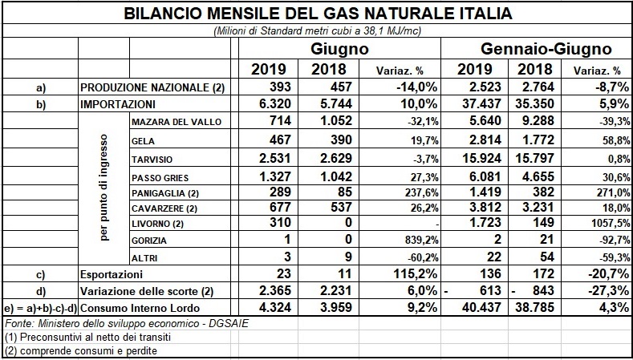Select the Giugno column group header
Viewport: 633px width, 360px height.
click(x=339, y=49)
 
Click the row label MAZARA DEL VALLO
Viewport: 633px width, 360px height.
click(x=177, y=122)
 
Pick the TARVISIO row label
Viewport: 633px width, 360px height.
click(x=152, y=160)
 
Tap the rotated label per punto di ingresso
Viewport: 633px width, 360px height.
click(x=104, y=188)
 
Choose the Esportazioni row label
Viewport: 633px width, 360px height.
click(x=112, y=275)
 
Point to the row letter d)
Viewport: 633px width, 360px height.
click(x=40, y=292)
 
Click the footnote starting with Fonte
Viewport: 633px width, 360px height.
click(x=126, y=324)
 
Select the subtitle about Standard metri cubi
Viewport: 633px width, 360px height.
click(x=318, y=31)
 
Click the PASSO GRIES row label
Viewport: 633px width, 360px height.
click(x=160, y=178)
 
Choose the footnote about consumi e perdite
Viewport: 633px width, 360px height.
click(x=81, y=350)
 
